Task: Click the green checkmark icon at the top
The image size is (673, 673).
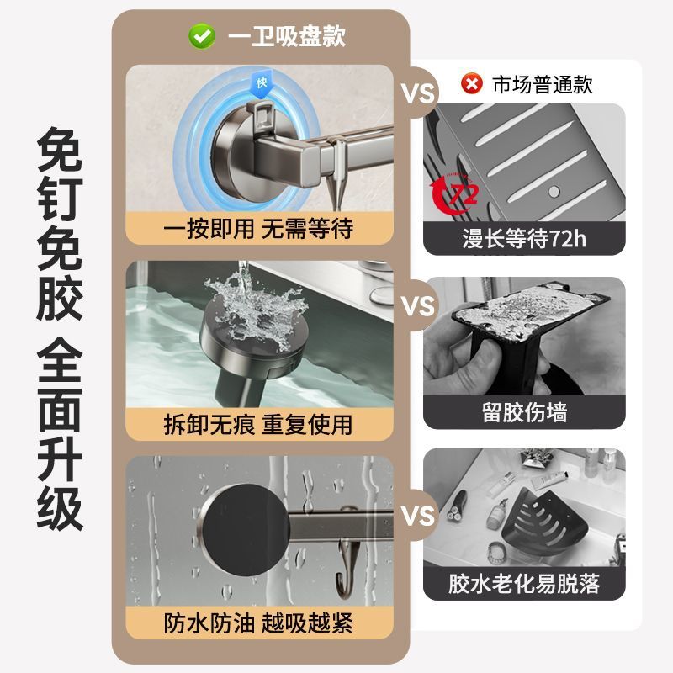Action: [201, 36]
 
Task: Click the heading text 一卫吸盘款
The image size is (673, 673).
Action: [284, 36]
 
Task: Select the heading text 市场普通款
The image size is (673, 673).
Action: [543, 84]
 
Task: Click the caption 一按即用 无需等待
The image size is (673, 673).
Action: [258, 227]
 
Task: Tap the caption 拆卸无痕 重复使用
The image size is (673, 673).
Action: [258, 424]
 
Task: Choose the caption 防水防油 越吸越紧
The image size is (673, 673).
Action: [258, 623]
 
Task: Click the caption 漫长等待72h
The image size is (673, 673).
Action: [524, 239]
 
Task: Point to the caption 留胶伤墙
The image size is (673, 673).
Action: [524, 412]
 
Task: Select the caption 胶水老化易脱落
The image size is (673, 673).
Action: [524, 584]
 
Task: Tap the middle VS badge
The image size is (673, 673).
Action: [418, 305]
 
